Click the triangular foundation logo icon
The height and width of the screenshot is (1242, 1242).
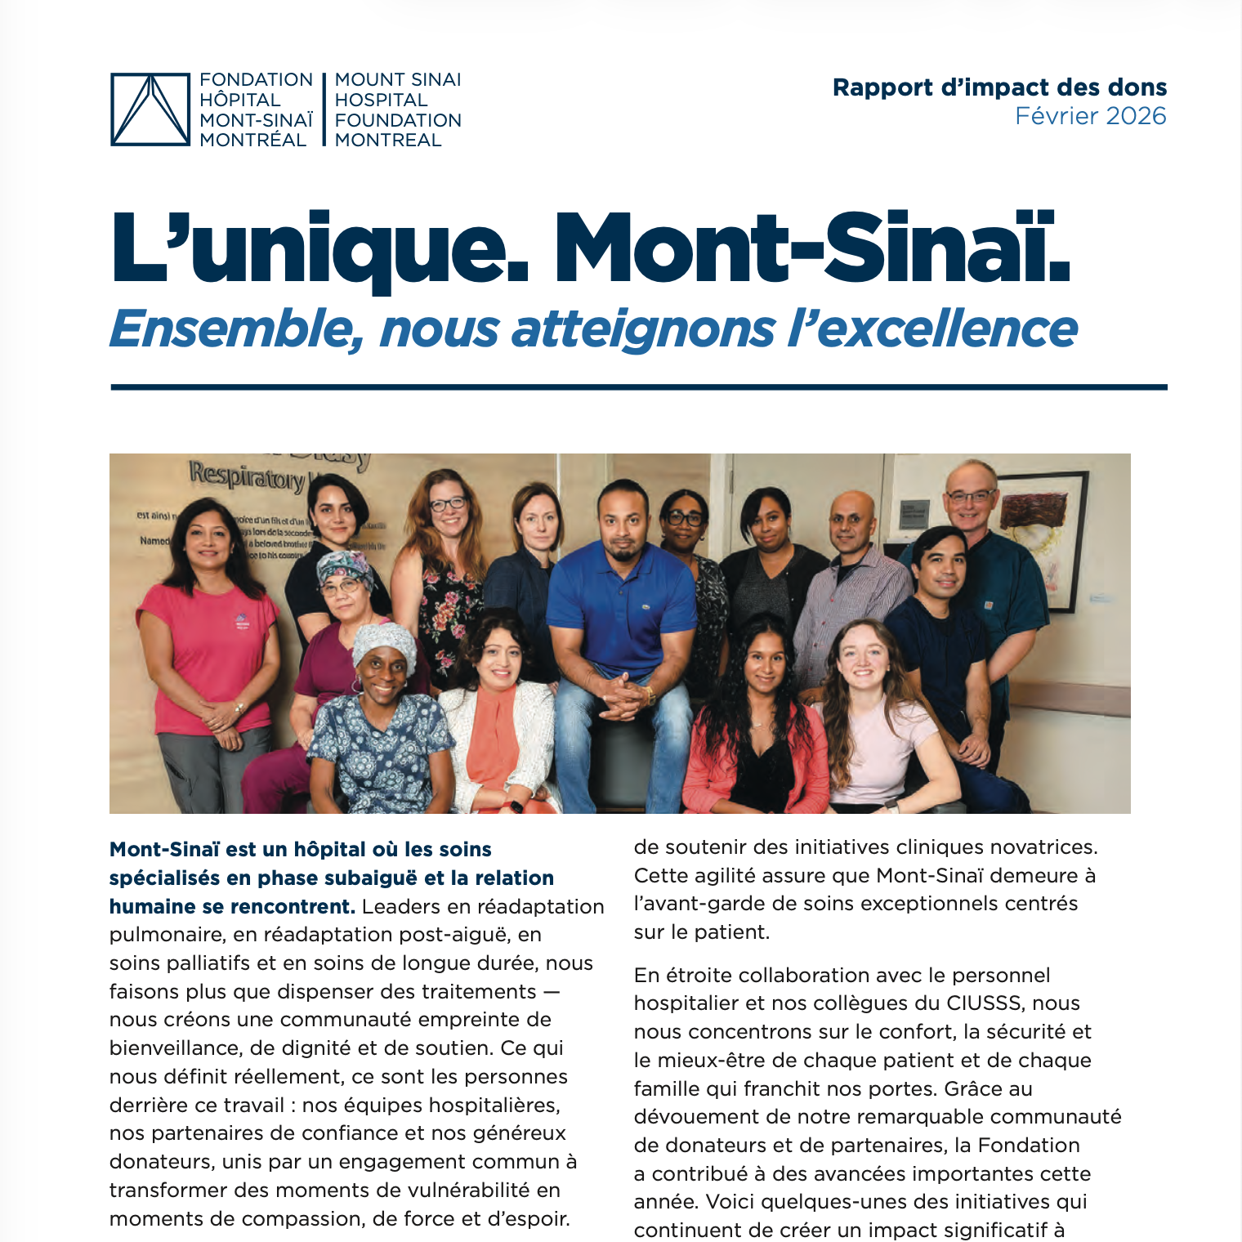tap(150, 109)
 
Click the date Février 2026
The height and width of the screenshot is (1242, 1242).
tap(1090, 116)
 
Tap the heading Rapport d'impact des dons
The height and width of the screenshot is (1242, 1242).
tap(999, 87)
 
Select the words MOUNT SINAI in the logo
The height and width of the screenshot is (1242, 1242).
tap(398, 80)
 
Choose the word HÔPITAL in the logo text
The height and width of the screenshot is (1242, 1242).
tap(240, 100)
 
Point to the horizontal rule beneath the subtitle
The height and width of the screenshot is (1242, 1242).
tap(638, 387)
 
